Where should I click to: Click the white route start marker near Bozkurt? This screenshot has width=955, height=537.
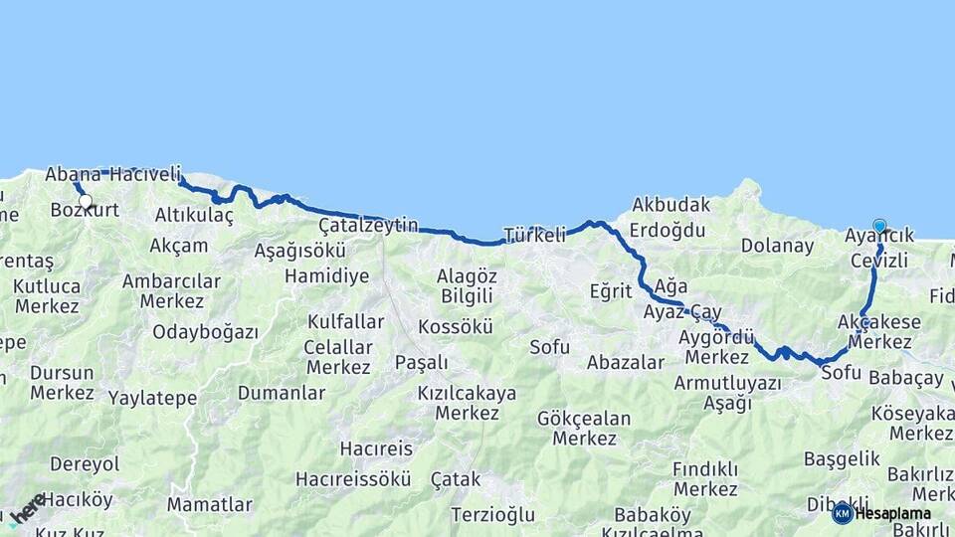(86, 202)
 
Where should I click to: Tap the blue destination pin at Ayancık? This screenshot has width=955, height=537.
(879, 226)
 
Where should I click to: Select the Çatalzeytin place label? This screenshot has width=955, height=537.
(368, 226)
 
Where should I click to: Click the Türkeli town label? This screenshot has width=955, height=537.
(534, 236)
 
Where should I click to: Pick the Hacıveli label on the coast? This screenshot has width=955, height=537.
(143, 175)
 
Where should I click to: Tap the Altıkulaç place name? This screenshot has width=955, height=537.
(194, 215)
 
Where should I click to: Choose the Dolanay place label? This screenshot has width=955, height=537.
(777, 246)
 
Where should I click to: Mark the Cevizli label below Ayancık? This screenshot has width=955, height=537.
(879, 261)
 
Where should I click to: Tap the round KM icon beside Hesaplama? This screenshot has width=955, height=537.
(843, 513)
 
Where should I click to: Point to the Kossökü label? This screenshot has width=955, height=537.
(456, 326)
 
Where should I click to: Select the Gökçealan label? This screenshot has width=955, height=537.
(584, 418)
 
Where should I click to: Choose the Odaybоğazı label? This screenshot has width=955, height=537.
(205, 332)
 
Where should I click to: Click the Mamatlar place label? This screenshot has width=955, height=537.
(209, 504)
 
